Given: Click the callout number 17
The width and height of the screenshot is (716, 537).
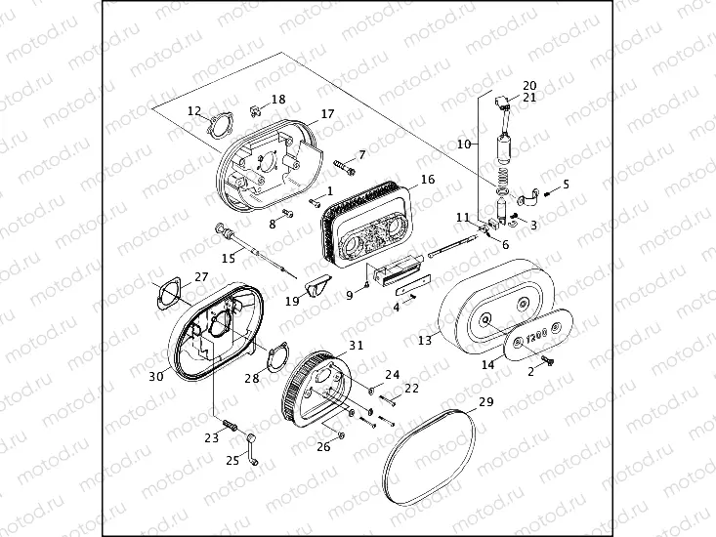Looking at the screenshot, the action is (x=327, y=114).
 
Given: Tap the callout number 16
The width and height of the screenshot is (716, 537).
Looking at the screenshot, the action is (x=427, y=180).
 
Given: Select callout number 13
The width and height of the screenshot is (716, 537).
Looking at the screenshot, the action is (x=424, y=341).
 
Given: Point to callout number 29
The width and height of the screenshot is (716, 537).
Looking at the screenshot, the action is (x=485, y=402).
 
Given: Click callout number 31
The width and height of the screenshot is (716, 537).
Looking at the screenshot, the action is (x=356, y=345).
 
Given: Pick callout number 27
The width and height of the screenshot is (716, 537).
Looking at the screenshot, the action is (x=201, y=276).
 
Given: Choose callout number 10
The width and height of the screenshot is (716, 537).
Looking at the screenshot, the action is (x=464, y=144).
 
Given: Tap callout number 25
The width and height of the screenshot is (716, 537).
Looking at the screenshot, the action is (x=232, y=459).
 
